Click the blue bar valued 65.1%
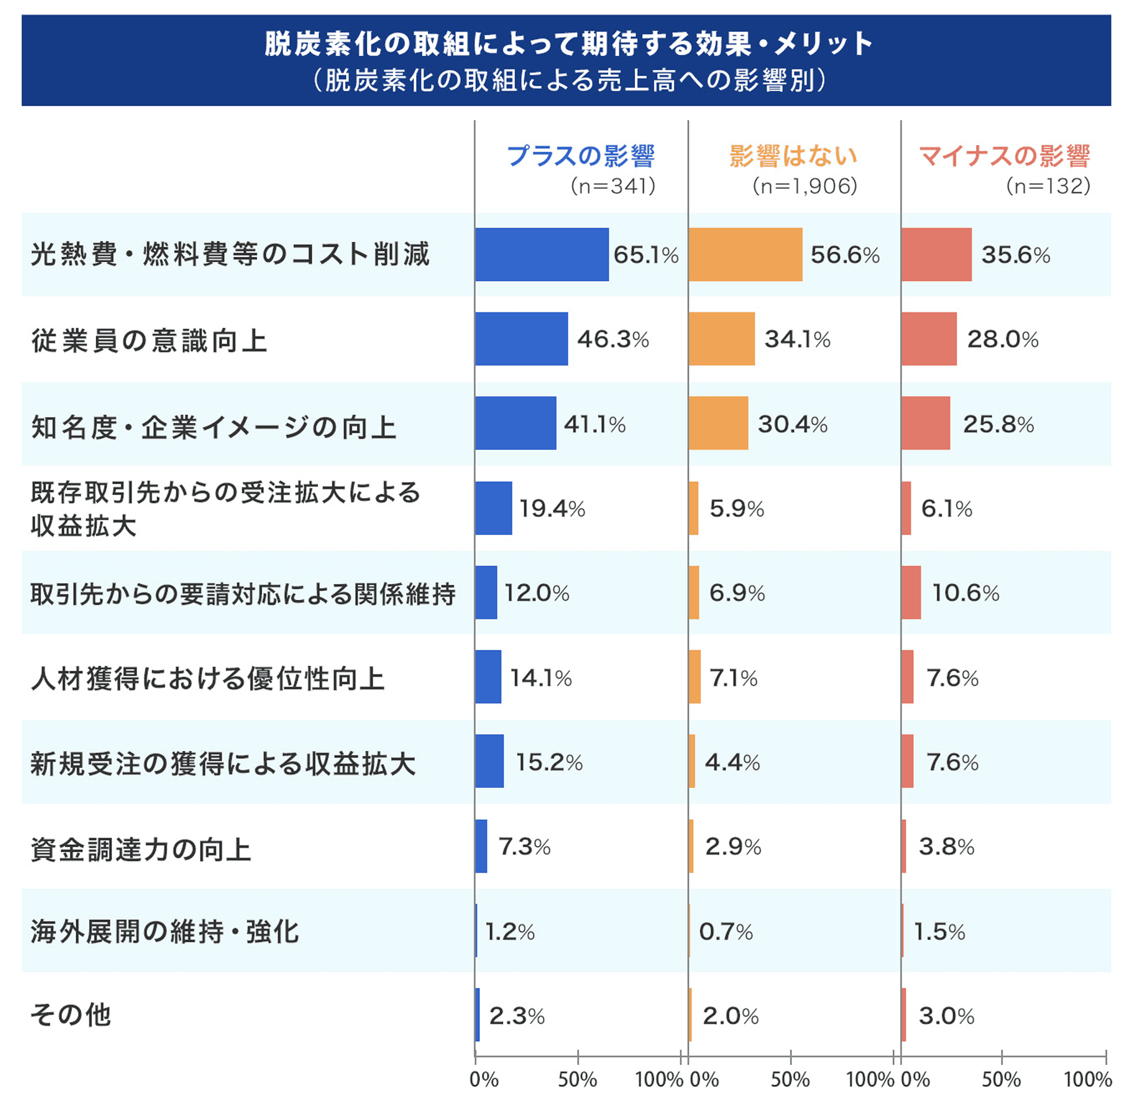click(x=541, y=254)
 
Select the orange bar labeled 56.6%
click(x=745, y=254)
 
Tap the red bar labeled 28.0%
click(x=929, y=339)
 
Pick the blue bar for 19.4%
click(x=493, y=507)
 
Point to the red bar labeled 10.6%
click(x=911, y=592)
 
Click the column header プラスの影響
click(x=580, y=156)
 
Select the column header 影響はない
click(x=793, y=156)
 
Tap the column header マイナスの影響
click(x=1004, y=156)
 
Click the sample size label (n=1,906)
click(x=804, y=186)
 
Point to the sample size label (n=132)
click(x=1048, y=186)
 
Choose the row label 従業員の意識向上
click(x=149, y=340)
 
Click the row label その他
click(x=70, y=1014)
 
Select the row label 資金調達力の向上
click(x=141, y=849)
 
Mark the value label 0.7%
click(x=725, y=931)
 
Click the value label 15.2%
click(x=549, y=761)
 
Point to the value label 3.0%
click(x=946, y=1015)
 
